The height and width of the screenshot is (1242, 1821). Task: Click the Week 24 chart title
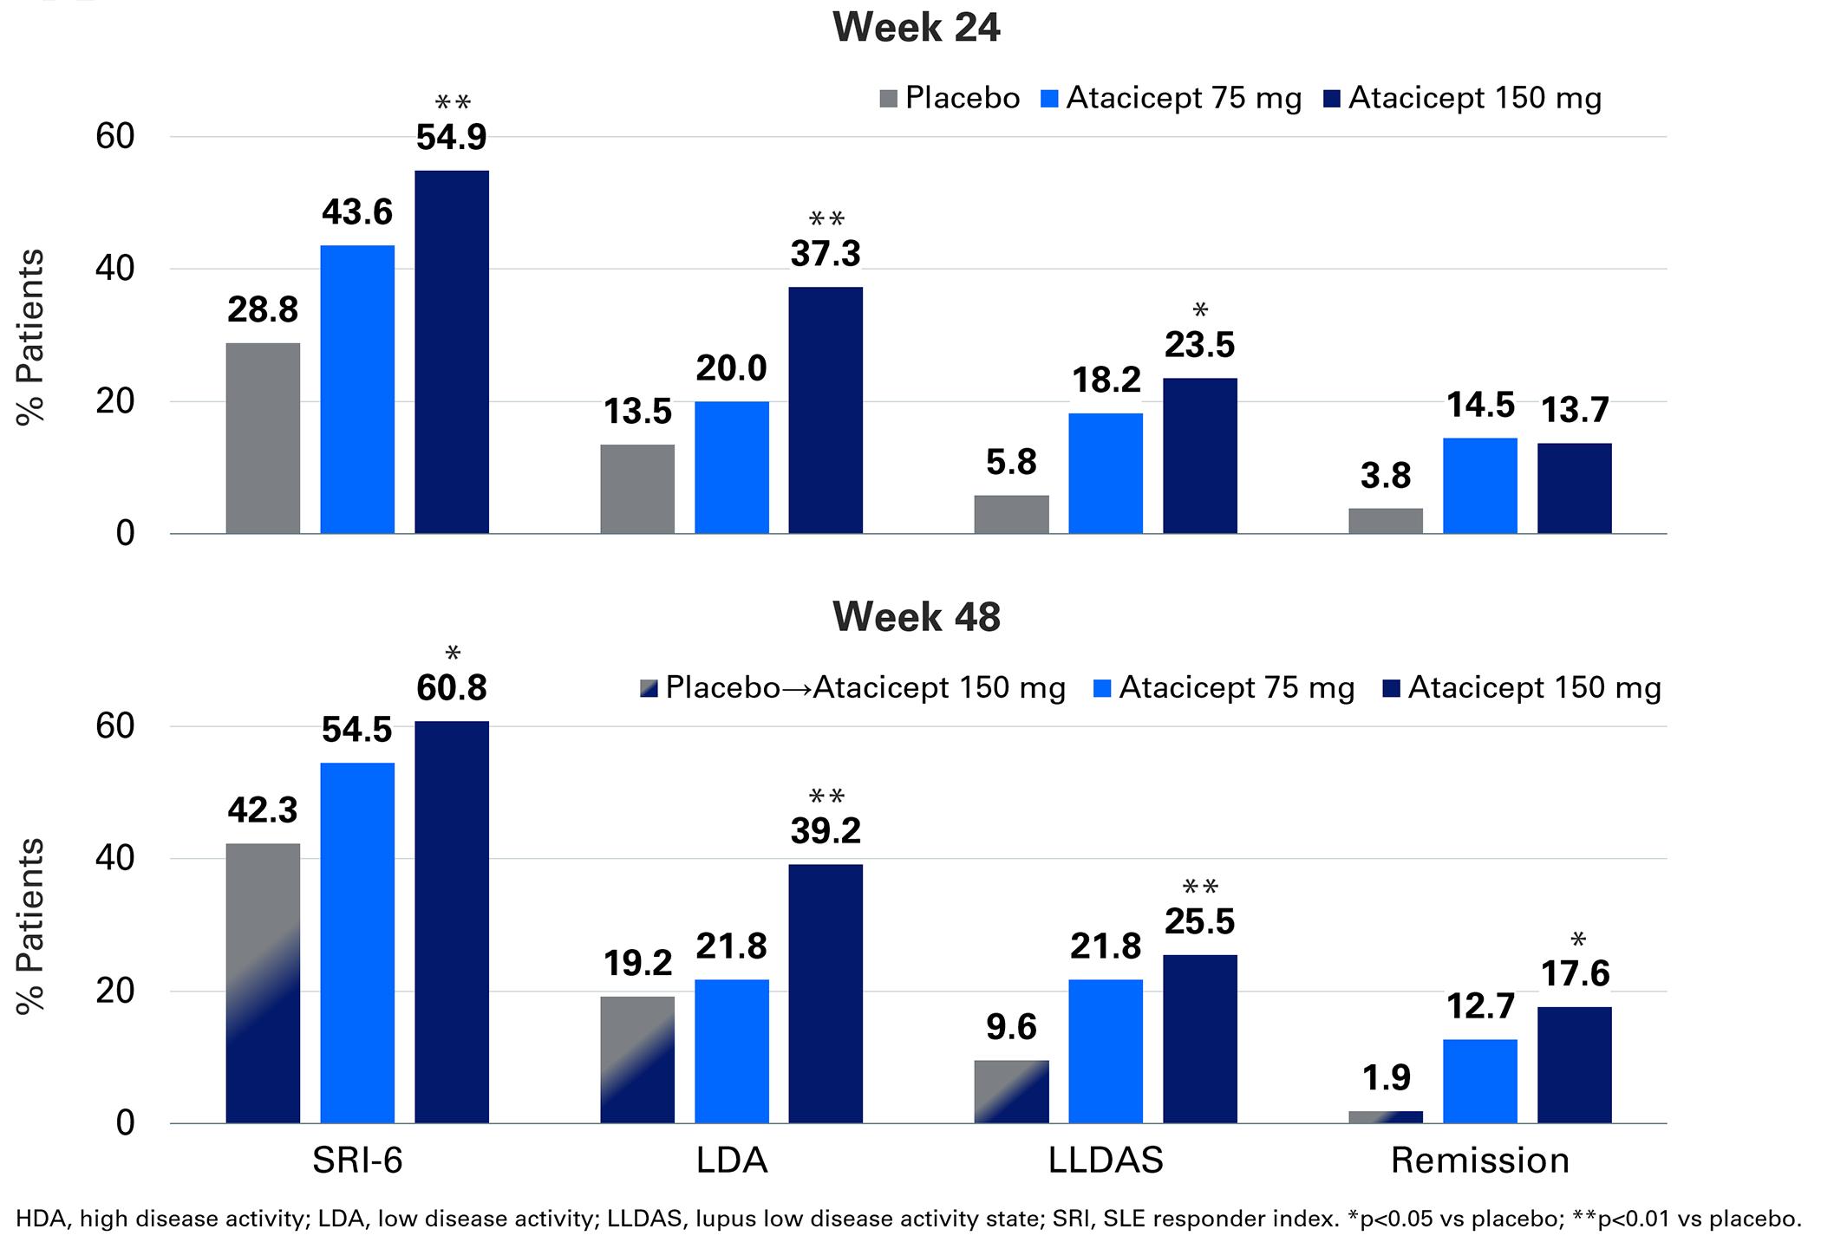916,27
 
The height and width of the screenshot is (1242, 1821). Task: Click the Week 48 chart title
916,616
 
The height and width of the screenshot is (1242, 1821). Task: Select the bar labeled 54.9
452,352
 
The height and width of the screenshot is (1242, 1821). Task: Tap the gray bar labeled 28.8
263,438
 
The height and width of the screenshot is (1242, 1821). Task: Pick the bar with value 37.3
826,410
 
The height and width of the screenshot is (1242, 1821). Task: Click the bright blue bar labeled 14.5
1480,485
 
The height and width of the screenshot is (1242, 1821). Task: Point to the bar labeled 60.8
452,922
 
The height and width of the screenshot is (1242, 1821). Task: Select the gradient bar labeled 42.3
263,983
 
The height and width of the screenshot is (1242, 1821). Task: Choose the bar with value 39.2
826,993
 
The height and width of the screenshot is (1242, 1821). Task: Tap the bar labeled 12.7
1480,1081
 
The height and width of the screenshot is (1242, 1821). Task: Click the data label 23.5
1200,345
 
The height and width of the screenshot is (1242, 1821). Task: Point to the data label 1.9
1386,1077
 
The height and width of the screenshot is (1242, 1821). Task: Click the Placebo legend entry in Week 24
950,98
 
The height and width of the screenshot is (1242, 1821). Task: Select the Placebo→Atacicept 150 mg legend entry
852,687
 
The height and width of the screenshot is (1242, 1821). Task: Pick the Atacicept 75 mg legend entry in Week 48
1224,687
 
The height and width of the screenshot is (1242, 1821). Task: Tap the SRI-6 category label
357,1161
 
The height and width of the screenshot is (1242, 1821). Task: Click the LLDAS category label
1106,1161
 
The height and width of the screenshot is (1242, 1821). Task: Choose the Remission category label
1480,1161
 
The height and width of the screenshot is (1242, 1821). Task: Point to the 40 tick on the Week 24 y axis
114,269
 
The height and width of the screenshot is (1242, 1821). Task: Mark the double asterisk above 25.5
1200,887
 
